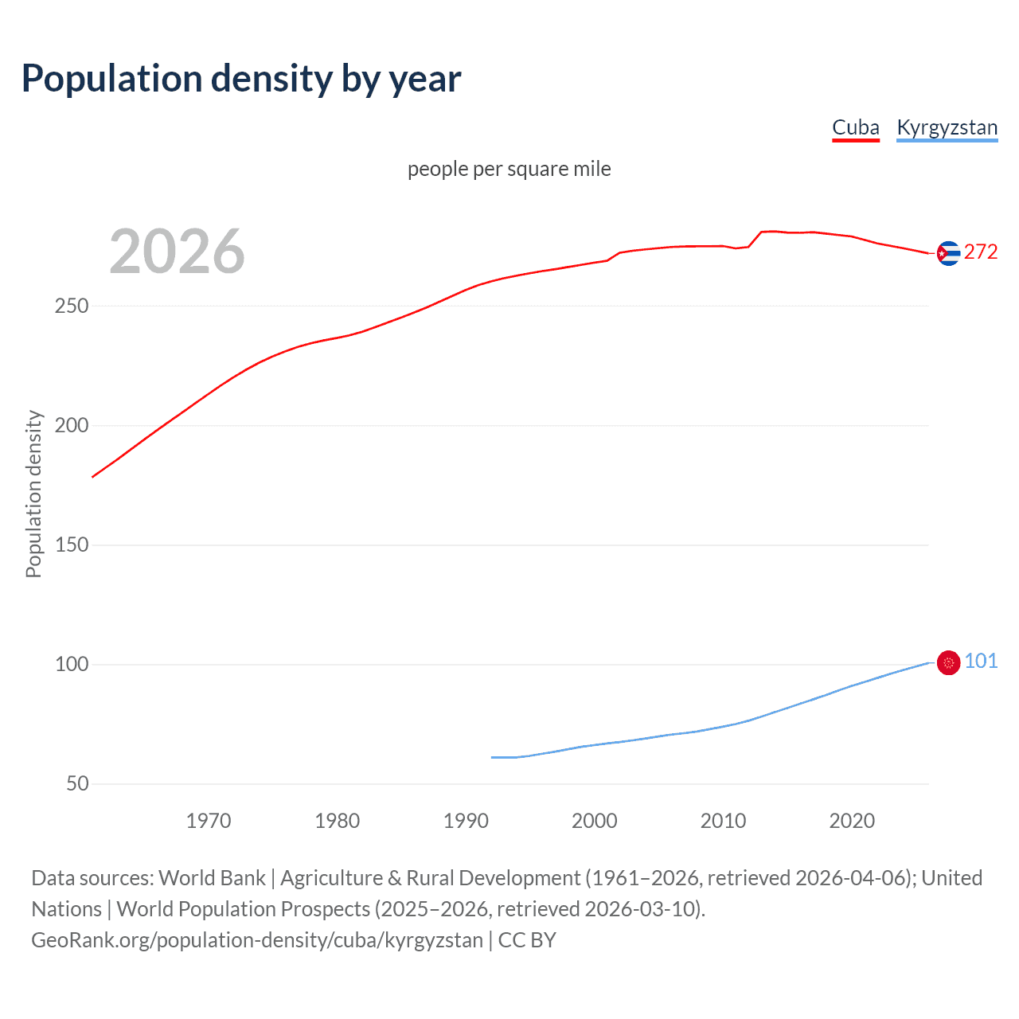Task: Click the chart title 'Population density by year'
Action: [241, 79]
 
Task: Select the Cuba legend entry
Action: [856, 127]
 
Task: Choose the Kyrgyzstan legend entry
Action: [947, 127]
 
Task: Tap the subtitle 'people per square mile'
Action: [509, 169]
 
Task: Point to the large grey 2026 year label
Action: [177, 252]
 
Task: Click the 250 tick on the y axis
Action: [72, 306]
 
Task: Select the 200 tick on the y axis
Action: [72, 425]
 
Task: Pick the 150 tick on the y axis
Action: [72, 545]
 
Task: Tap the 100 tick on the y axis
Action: [72, 664]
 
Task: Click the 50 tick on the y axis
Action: [77, 783]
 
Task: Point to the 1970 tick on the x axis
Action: [209, 821]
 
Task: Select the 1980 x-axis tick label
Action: [338, 821]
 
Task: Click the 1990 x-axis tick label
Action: [466, 821]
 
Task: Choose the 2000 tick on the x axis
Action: [595, 821]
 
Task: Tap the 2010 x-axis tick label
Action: [723, 821]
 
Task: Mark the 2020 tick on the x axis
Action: [852, 821]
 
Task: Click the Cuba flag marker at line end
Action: [948, 253]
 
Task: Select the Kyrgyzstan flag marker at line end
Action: [948, 662]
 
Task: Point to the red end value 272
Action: [981, 252]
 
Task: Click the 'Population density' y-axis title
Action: [33, 494]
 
